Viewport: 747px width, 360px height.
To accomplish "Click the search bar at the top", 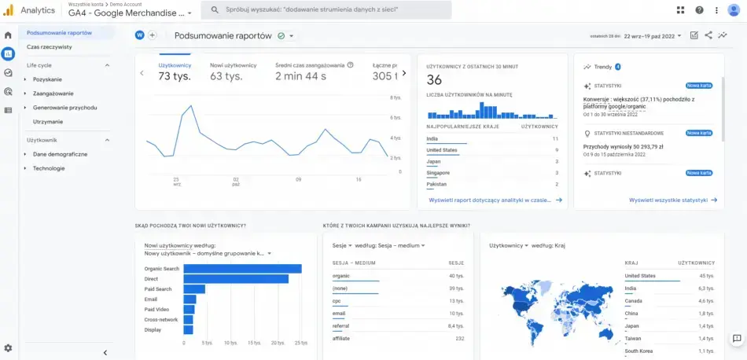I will point(326,10).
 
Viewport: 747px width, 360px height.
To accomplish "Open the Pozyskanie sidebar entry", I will point(47,79).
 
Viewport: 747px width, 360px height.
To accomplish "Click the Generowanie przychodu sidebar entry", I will point(64,108).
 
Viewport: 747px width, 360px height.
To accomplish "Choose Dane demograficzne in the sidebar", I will point(60,154).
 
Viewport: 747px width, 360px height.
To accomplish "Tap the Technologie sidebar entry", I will point(49,168).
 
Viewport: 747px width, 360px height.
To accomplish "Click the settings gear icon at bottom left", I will point(8,347).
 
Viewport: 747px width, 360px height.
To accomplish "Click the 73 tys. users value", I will point(175,76).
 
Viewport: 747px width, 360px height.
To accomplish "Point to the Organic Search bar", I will point(242,269).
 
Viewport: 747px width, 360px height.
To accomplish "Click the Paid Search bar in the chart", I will point(193,289).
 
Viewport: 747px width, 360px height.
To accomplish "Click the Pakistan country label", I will point(436,184).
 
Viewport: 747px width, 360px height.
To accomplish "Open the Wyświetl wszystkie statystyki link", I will point(668,200).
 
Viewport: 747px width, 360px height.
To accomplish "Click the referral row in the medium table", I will point(342,325).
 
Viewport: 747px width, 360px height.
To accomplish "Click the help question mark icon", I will point(698,10).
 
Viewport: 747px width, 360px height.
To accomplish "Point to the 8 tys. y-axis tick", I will point(396,97).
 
